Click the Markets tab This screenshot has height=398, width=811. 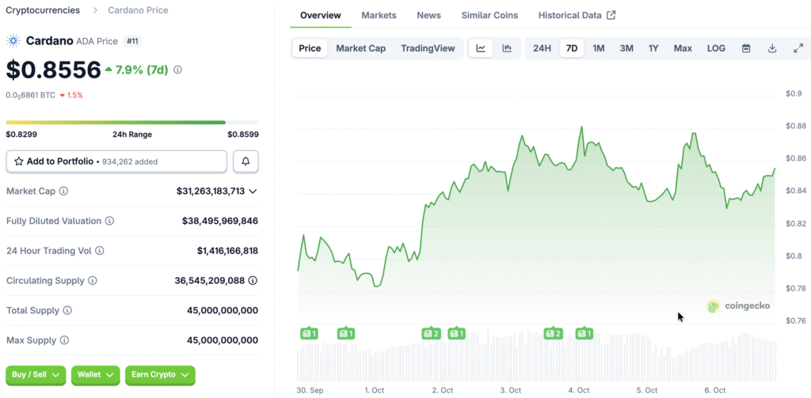point(379,16)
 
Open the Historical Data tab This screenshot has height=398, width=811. point(577,16)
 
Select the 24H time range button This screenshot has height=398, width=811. point(542,48)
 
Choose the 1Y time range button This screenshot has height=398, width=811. point(653,48)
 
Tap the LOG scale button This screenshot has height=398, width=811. point(716,48)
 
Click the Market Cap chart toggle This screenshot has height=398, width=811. point(360,48)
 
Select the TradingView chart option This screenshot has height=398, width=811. point(428,48)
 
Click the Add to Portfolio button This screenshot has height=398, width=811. point(116,161)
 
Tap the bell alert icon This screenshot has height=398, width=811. point(246,161)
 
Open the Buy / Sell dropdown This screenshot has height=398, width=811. point(36,375)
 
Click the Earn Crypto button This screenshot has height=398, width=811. point(160,375)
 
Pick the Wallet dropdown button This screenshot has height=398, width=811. point(95,375)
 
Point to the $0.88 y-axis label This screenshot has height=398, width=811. point(794,126)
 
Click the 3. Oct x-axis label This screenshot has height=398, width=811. point(511,390)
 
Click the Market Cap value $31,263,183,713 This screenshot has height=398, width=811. point(211,191)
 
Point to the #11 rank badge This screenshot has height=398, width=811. point(132,41)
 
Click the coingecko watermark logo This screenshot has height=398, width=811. point(738,306)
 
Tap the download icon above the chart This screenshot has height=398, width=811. point(772,48)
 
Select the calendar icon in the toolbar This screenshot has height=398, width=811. point(746,48)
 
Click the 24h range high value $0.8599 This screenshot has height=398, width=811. point(243,135)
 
